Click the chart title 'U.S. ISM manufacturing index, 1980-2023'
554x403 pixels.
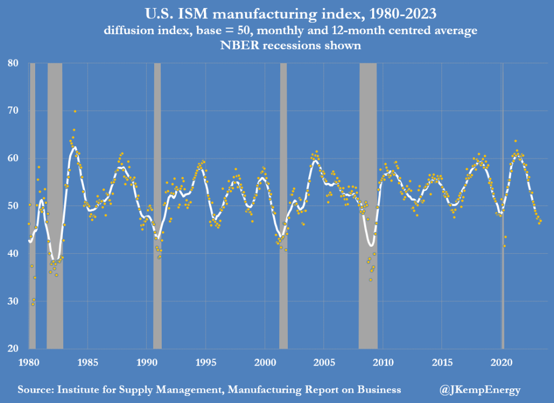tap(277, 12)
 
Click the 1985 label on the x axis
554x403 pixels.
tap(87, 361)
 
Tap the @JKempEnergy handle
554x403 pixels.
tap(482, 389)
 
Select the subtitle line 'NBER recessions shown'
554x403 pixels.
tap(277, 45)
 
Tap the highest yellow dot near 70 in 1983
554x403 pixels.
tap(75, 111)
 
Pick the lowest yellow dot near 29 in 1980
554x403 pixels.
tap(32, 304)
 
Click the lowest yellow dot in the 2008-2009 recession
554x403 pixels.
tap(371, 280)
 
